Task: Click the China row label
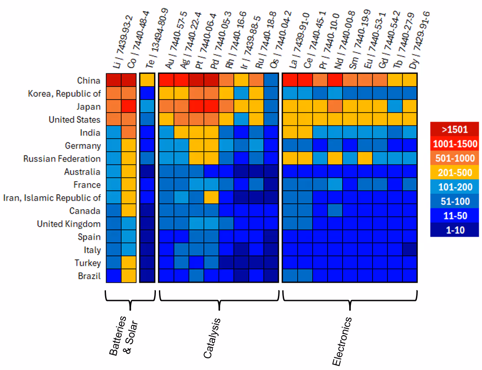(x=89, y=81)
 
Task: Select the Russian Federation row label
(x=62, y=159)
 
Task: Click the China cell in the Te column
(x=147, y=80)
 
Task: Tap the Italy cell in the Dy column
(x=410, y=250)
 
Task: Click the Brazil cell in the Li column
(x=114, y=276)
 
